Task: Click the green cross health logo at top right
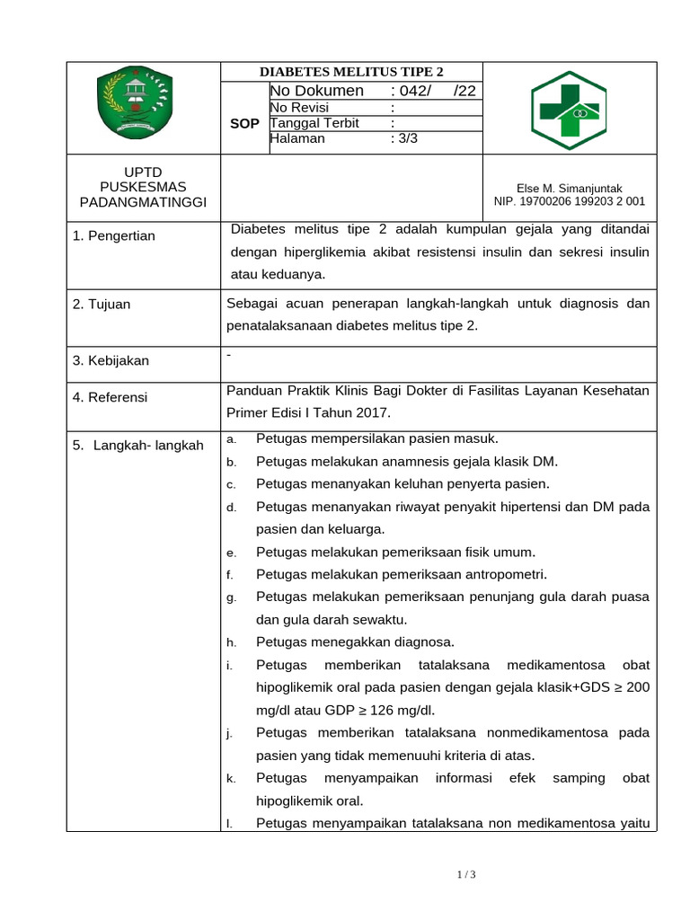tap(569, 110)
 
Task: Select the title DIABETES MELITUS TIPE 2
tap(351, 73)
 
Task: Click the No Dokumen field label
tap(317, 91)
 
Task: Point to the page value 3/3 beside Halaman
tap(404, 139)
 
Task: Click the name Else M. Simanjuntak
tap(570, 188)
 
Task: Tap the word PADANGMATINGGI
tap(144, 202)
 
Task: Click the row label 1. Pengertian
tap(114, 235)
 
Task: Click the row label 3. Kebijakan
tap(111, 360)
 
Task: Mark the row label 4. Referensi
tap(111, 397)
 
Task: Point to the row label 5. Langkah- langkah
tap(137, 445)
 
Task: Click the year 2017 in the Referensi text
tap(375, 412)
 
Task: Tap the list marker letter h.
tap(231, 642)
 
